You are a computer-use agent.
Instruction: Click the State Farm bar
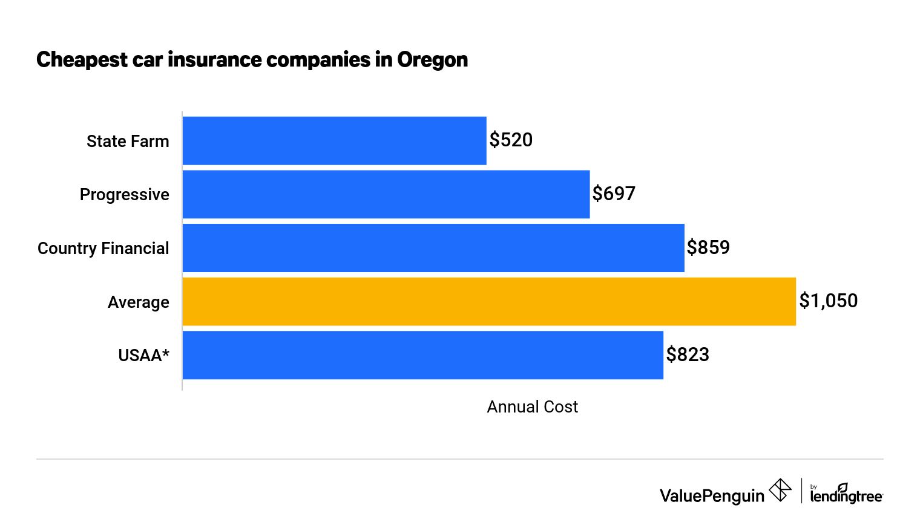tap(334, 140)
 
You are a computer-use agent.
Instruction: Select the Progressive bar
tap(386, 194)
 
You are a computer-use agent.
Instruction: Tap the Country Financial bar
tap(433, 248)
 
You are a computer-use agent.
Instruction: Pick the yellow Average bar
tap(488, 301)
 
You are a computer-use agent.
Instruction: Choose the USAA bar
tap(422, 355)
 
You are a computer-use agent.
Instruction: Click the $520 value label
tap(511, 140)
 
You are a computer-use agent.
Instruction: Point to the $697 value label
tap(614, 194)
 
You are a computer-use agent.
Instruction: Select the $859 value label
tap(708, 247)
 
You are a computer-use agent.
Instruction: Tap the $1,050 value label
tap(828, 301)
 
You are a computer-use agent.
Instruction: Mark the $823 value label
tap(688, 354)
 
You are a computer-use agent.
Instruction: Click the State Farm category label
tap(128, 141)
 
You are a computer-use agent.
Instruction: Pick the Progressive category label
tap(124, 195)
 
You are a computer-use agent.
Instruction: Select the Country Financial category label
tap(103, 249)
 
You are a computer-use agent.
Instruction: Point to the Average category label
tap(138, 302)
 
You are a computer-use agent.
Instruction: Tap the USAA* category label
tap(143, 356)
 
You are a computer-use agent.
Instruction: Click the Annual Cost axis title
tap(532, 407)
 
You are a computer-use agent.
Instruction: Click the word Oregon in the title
tap(432, 60)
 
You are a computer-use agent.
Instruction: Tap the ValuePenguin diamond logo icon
tap(780, 491)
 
